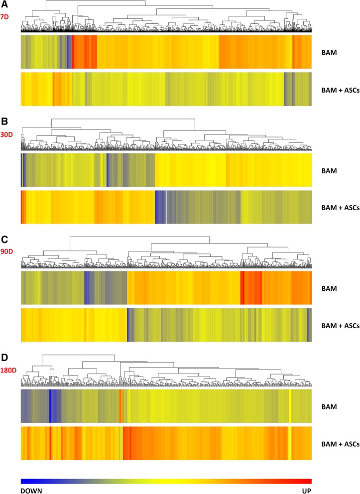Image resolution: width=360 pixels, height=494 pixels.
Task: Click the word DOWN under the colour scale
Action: pos(31,490)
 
